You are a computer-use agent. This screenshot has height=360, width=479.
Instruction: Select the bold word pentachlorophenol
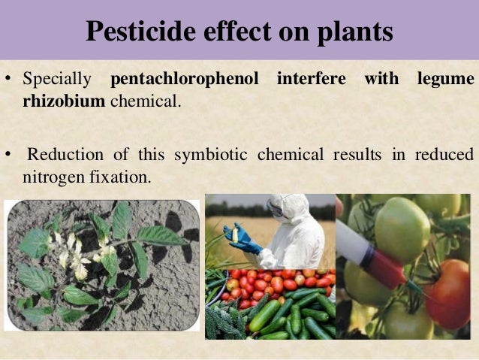[188, 79]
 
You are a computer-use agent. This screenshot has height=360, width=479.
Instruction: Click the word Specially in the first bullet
[57, 79]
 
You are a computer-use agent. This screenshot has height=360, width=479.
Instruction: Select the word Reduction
[63, 156]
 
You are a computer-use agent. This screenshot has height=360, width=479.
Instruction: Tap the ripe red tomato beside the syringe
[453, 289]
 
